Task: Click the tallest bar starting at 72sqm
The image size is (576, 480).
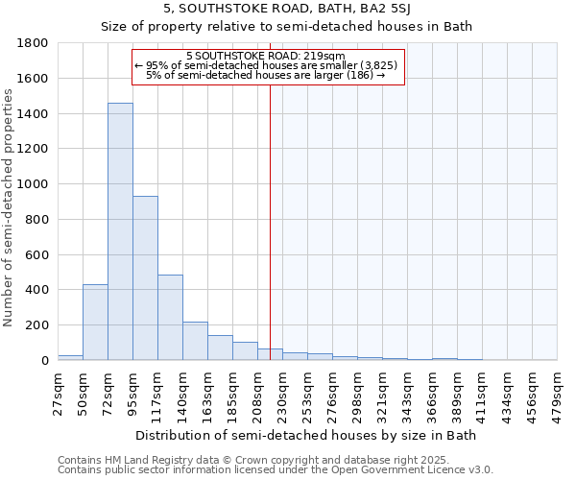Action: tap(120, 231)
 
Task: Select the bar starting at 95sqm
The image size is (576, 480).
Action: tap(145, 278)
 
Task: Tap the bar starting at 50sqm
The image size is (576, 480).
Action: tap(95, 323)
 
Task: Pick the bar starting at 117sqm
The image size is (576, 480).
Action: tap(170, 318)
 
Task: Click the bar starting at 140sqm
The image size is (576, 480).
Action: tap(195, 341)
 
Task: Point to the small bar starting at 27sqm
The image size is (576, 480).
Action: tap(70, 357)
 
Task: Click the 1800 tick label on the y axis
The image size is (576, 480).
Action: tap(34, 43)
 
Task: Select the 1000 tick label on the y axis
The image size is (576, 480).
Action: tap(34, 184)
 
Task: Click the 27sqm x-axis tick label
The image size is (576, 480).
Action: tap(58, 390)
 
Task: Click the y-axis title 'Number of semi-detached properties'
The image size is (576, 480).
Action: tap(9, 204)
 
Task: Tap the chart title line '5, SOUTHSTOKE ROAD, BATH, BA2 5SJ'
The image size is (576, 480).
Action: tap(286, 9)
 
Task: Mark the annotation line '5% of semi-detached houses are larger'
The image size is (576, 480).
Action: tap(265, 75)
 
